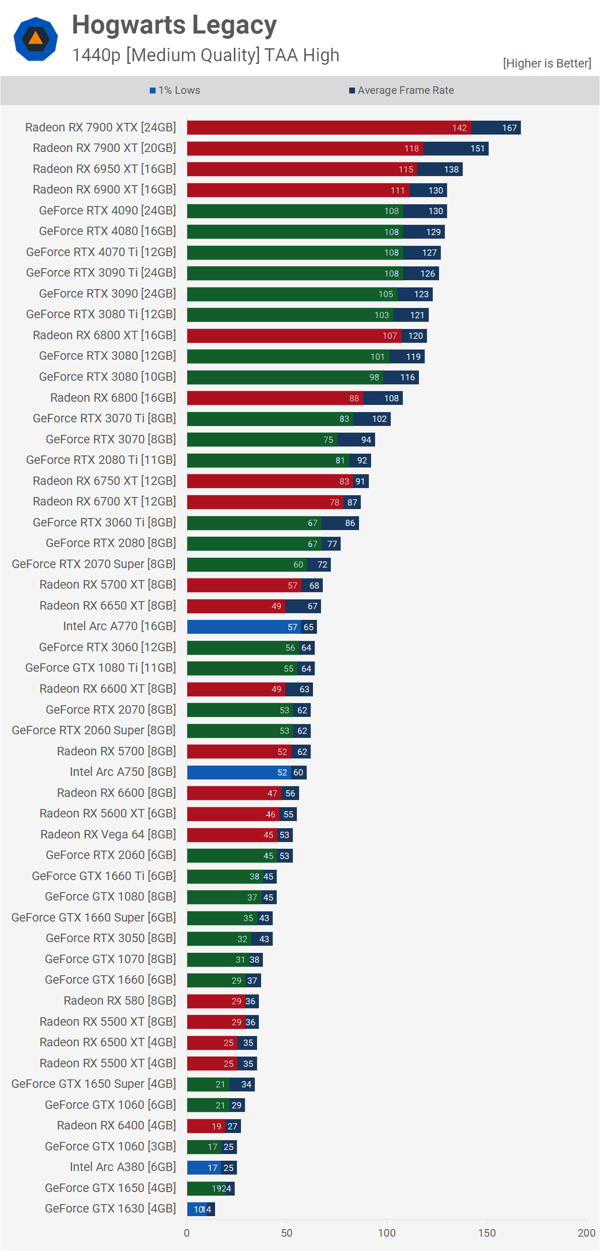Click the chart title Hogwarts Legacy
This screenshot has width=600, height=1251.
tap(174, 25)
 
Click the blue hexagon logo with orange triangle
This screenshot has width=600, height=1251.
tap(35, 39)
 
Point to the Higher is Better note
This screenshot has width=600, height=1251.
tap(546, 63)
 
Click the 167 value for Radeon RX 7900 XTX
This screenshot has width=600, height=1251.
tap(509, 128)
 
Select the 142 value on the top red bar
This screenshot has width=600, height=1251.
tap(459, 128)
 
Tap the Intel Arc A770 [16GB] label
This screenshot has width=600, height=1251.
tap(119, 627)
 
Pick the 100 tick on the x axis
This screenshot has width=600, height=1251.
tap(387, 1233)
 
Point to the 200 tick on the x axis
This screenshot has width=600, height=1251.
tap(586, 1233)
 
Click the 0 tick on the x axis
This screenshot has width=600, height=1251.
tap(187, 1233)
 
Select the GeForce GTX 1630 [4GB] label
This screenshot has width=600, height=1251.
tap(110, 1209)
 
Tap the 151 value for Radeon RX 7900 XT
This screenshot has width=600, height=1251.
tap(477, 148)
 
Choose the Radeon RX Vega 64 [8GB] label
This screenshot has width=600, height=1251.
tap(108, 835)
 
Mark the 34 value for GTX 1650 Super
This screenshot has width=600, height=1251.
tap(246, 1084)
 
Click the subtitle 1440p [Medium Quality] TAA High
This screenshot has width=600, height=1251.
tap(205, 55)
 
